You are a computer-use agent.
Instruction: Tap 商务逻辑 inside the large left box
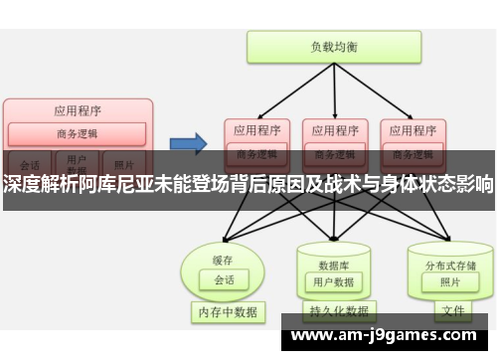click(x=78, y=132)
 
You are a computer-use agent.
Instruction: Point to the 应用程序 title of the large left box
click(x=78, y=109)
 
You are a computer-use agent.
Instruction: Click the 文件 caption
click(x=452, y=311)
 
